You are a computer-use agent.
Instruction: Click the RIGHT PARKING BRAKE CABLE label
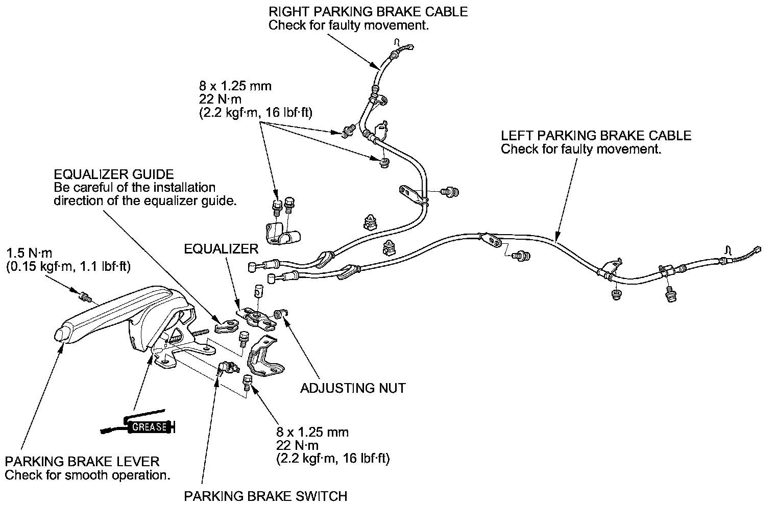click(368, 11)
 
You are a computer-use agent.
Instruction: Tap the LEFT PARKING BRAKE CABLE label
click(596, 136)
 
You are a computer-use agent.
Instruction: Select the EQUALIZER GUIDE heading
click(113, 174)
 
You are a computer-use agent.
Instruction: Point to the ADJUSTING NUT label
click(353, 388)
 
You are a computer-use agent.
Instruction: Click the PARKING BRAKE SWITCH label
click(265, 496)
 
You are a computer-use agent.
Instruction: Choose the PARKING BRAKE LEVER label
click(82, 462)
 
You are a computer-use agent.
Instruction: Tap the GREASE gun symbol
click(139, 423)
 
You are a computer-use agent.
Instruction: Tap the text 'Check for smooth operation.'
click(87, 475)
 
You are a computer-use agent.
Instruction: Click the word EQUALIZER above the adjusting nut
click(221, 249)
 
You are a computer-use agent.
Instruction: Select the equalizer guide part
click(224, 323)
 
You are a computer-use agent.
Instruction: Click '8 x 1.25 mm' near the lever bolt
click(312, 433)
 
